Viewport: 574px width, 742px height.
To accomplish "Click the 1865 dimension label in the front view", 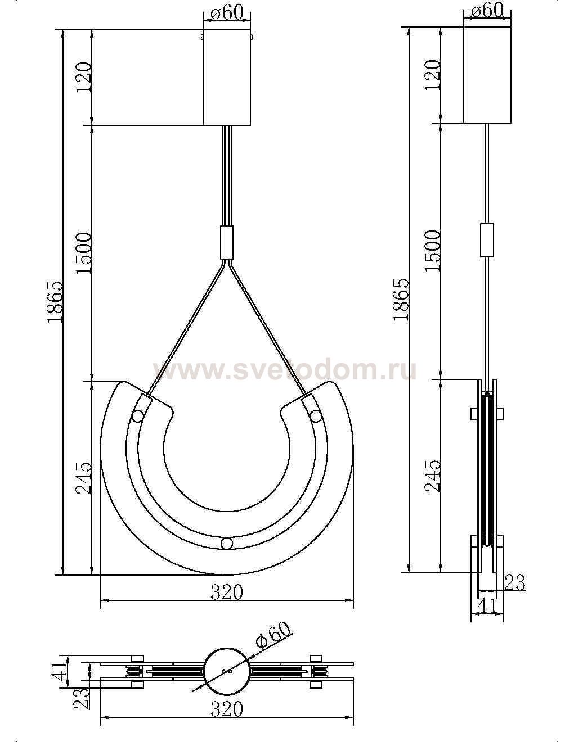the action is coord(55,302).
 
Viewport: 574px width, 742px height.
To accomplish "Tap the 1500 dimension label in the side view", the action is coord(432,251).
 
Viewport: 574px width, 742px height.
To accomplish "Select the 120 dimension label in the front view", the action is coord(84,77).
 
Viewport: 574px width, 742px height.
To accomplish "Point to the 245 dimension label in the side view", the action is coord(432,476).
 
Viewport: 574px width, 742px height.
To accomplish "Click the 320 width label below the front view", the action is coord(227,592).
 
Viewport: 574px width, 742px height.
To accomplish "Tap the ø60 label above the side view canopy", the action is coord(487,11).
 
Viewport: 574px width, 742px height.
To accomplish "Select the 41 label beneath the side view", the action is coord(487,606).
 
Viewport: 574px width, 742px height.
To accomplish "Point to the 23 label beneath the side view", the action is coord(514,582).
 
